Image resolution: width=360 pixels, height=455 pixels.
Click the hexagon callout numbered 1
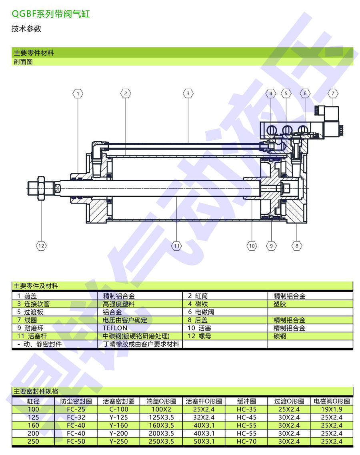78,94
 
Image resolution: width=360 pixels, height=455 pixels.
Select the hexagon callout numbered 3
188,94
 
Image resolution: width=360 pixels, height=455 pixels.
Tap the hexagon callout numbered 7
333,94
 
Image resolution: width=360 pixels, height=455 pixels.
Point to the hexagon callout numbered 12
41,246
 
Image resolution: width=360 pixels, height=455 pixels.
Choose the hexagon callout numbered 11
177,246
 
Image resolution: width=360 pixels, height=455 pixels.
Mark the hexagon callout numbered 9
271,246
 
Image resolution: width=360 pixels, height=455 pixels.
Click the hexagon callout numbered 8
297,246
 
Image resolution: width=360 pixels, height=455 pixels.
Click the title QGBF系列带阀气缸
51,14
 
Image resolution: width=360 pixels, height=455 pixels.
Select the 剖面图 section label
23,62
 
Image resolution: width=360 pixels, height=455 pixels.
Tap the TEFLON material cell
115,328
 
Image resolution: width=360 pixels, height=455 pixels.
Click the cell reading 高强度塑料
119,304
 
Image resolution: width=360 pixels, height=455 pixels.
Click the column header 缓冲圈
246,401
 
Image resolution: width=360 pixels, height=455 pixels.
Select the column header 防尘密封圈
76,401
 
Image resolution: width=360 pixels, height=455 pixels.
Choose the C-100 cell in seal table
118,409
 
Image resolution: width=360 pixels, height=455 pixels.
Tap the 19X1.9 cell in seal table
332,409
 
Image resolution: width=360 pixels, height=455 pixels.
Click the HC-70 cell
246,441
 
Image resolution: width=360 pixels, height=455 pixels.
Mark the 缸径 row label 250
34,441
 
